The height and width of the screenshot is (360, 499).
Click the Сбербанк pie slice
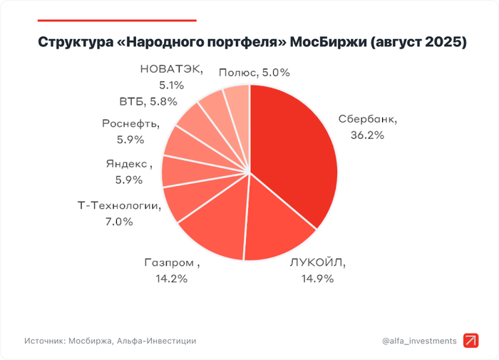(x=296, y=157)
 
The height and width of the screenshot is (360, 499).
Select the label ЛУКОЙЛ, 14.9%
(x=317, y=269)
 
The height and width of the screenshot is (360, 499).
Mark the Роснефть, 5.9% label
(x=130, y=130)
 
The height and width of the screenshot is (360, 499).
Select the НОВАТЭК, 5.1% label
(x=171, y=77)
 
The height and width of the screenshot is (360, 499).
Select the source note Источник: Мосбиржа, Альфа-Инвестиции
(x=110, y=341)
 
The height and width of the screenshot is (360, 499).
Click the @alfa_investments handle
(x=419, y=341)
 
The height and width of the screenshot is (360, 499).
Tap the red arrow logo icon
(x=471, y=341)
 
